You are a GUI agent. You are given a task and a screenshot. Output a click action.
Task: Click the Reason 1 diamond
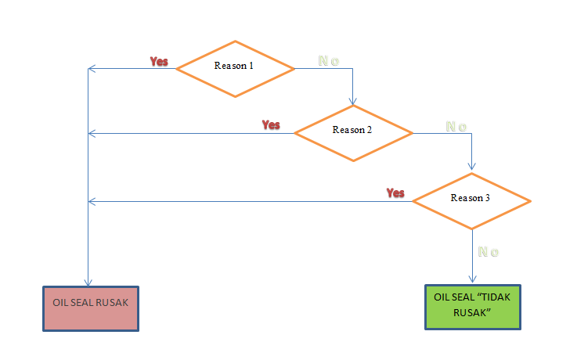tap(235, 69)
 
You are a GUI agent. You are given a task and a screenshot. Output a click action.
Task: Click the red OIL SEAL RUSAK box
tap(90, 308)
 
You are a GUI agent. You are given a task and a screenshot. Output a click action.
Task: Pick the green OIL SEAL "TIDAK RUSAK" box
tap(472, 306)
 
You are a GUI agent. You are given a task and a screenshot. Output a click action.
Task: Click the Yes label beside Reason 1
tap(159, 61)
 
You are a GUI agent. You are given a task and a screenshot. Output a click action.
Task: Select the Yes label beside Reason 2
tap(271, 124)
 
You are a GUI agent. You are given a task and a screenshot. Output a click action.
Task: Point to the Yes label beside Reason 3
tap(395, 193)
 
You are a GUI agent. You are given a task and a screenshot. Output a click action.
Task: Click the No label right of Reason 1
tap(328, 61)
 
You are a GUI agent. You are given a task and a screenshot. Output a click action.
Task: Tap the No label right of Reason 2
tap(456, 126)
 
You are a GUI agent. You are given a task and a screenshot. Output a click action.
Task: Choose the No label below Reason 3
tap(489, 252)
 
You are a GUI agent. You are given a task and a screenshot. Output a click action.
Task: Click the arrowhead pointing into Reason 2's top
tap(353, 102)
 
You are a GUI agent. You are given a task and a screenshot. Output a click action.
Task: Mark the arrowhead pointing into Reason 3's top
tap(471, 167)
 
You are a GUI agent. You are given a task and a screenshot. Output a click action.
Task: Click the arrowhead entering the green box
tap(472, 279)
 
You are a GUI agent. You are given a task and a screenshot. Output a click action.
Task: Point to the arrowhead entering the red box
tap(88, 282)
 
